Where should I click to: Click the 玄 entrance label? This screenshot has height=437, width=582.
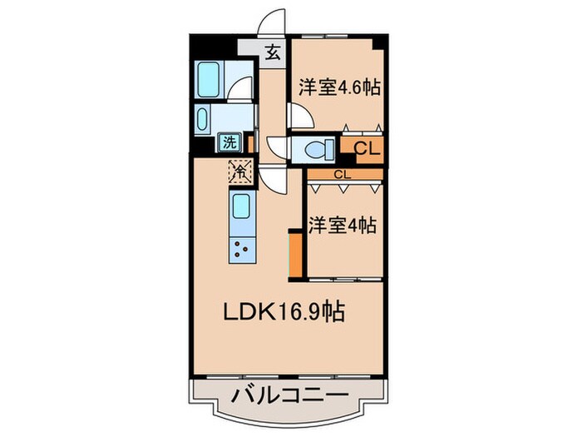pos(273,54)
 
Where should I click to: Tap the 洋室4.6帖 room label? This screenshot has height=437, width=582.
pos(339,86)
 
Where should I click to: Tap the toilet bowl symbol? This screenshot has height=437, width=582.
pos(313,149)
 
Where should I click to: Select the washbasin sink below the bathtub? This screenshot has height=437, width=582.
pos(205,120)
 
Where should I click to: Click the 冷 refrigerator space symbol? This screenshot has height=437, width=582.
pos(239,172)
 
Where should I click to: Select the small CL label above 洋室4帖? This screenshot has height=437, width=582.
pos(343,175)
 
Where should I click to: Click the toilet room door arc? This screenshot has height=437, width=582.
pos(278,146)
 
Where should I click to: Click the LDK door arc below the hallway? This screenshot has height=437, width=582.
pos(272,177)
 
